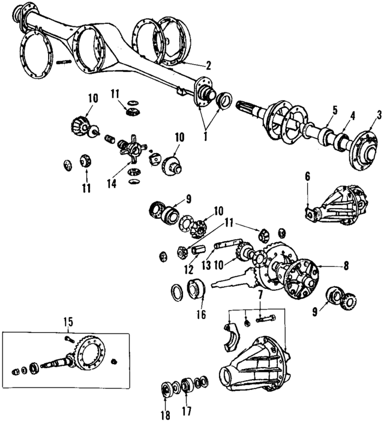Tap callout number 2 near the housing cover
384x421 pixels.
[208, 65]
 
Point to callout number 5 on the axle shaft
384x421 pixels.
[335, 110]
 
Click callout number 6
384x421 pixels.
[307, 176]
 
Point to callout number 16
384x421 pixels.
[201, 314]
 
